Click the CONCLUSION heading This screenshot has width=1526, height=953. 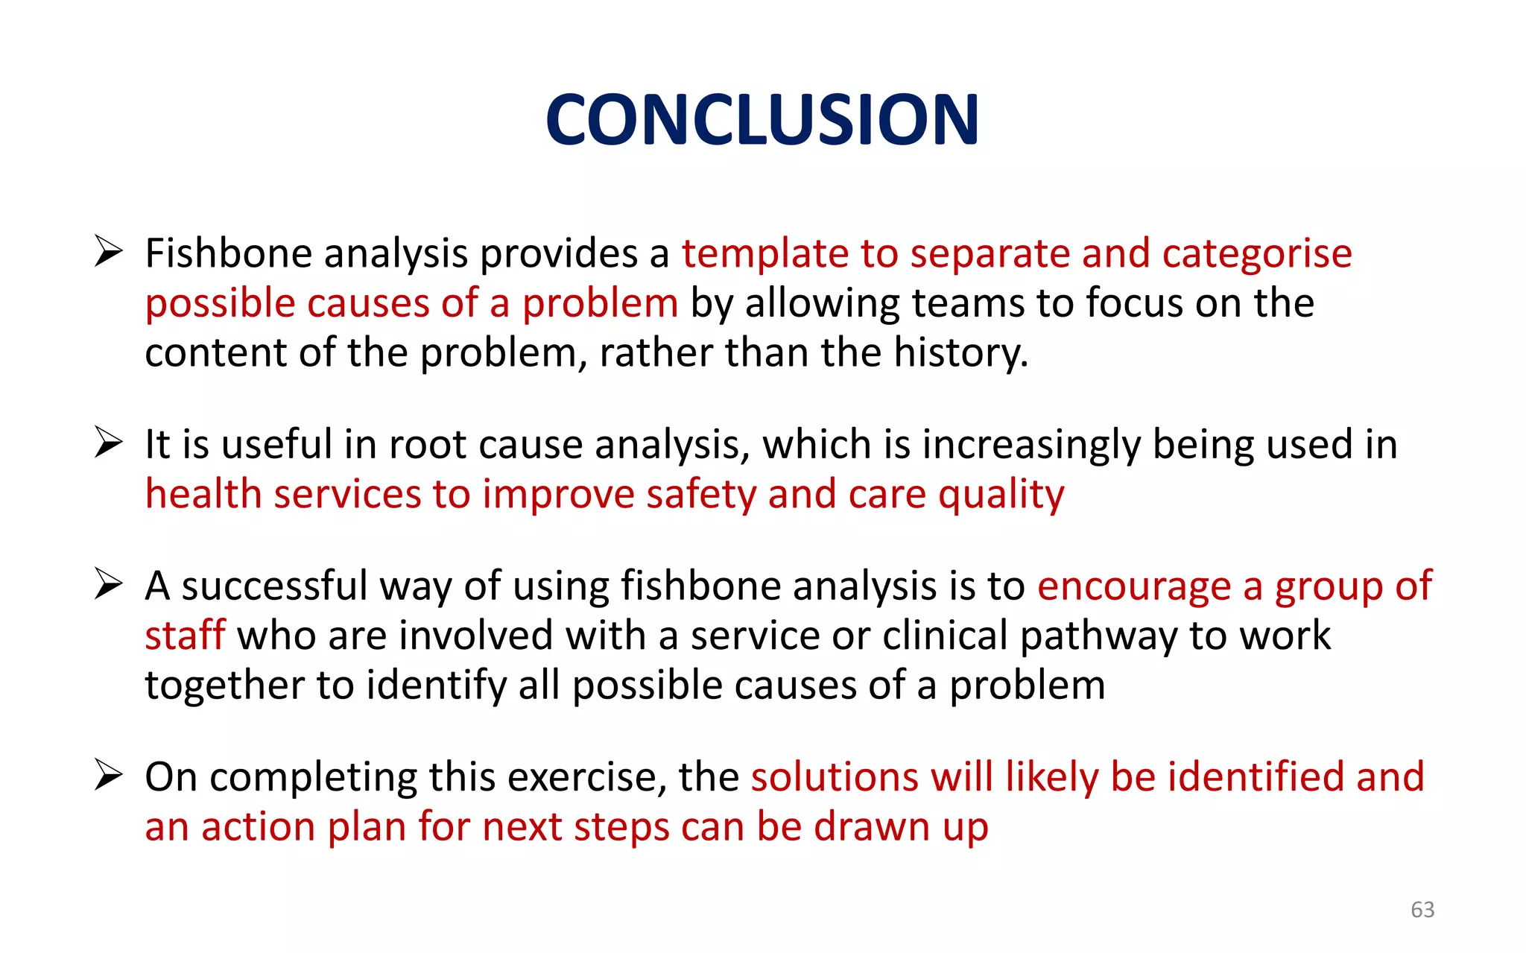point(762,119)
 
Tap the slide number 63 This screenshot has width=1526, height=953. point(1422,909)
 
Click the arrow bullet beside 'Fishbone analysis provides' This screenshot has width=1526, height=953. point(109,252)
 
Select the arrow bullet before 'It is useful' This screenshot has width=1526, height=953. point(109,443)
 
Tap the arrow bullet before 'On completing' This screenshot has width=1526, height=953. point(109,775)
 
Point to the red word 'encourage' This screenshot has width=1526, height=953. point(1133,586)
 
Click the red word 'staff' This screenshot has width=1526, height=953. point(184,636)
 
